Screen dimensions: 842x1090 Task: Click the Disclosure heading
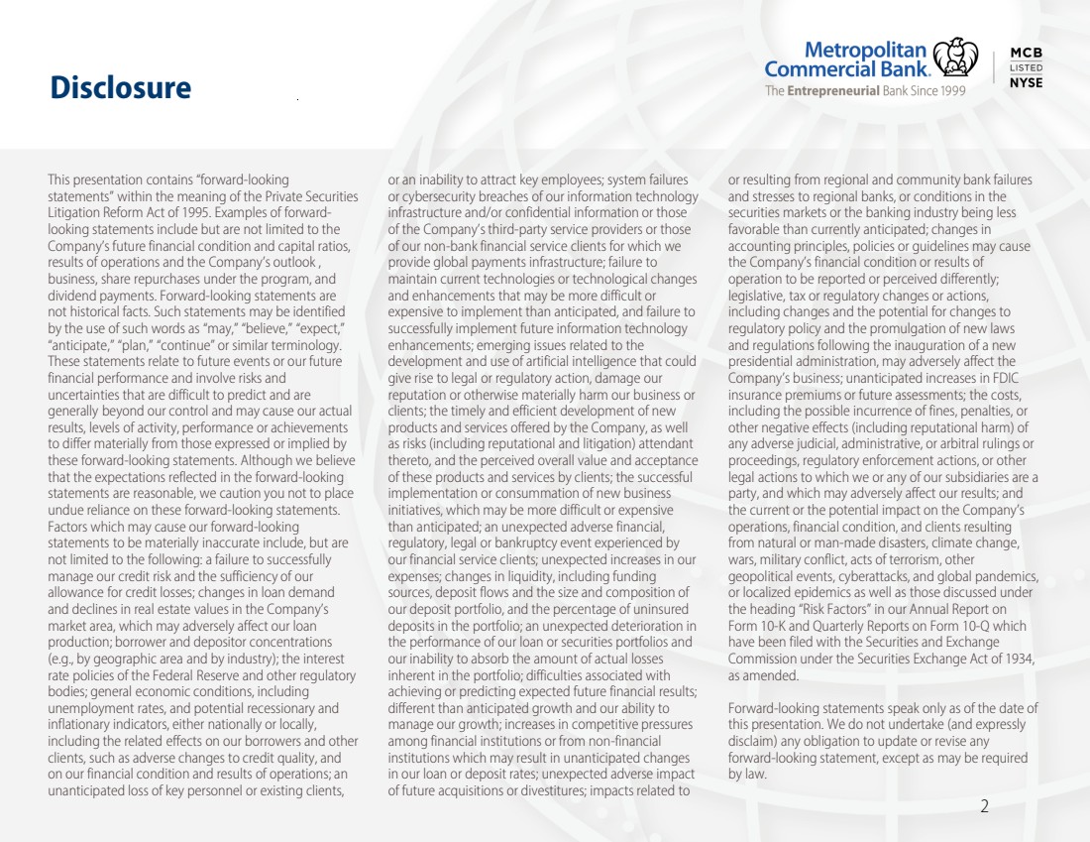(x=121, y=88)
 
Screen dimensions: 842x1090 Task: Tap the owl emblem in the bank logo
(x=955, y=59)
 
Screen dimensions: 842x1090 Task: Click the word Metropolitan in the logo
(x=866, y=50)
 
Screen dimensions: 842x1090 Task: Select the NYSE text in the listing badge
(x=1026, y=83)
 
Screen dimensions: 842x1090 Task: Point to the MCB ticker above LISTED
(x=1026, y=53)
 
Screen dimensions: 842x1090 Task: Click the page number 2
(x=984, y=806)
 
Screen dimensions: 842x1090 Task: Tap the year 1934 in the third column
(x=1018, y=660)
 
